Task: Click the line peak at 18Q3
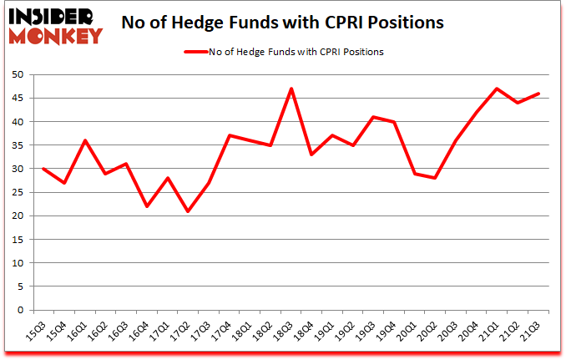[x=291, y=89]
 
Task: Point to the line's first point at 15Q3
[x=43, y=169]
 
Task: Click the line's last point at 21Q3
[x=538, y=94]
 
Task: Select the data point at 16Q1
[x=85, y=140]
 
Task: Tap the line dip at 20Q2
[x=436, y=178]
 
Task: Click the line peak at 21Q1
[x=498, y=89]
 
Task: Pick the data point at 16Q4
[x=147, y=206]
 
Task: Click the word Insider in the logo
[x=52, y=16]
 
